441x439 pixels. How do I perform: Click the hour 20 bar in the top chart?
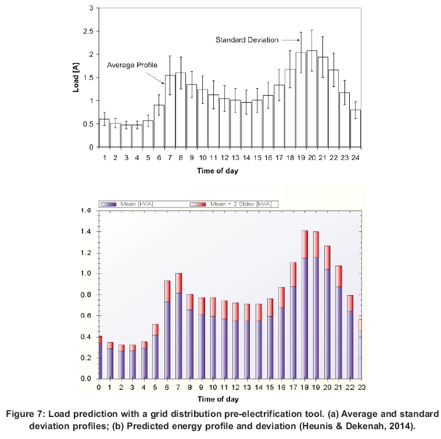tap(311, 99)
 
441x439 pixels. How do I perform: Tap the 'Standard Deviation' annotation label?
tap(247, 40)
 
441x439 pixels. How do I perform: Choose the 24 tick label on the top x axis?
tap(356, 157)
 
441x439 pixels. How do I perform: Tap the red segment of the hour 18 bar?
tap(304, 244)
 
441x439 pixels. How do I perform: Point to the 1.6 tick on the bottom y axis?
tap(87, 211)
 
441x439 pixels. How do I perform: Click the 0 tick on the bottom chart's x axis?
tap(99, 387)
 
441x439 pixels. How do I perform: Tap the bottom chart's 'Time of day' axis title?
tap(217, 398)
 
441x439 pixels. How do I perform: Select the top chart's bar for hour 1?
tap(104, 133)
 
